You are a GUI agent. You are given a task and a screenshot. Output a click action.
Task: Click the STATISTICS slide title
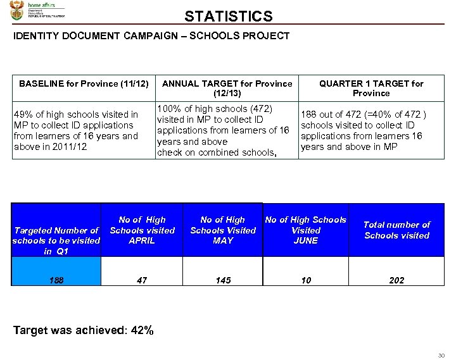pos(229,16)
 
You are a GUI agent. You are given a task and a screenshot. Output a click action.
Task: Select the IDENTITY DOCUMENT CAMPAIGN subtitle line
pos(151,36)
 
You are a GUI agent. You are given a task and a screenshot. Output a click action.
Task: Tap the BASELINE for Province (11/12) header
pos(84,84)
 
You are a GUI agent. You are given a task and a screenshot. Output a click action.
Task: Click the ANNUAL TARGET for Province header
pos(227,88)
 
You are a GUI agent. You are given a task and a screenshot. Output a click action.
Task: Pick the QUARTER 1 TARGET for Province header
pos(371,88)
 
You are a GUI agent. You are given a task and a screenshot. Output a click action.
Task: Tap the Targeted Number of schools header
pos(56,240)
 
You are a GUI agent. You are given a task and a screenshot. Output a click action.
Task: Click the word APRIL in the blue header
pos(142,241)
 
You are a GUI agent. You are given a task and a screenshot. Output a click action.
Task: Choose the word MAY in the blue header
pos(223,241)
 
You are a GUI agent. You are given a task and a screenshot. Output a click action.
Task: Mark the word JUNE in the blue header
pos(306,241)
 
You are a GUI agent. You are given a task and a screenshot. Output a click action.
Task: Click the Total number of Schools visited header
pos(396,230)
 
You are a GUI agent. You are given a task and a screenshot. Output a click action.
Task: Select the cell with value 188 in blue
pos(56,280)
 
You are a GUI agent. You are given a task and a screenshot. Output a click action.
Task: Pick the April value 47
pos(142,280)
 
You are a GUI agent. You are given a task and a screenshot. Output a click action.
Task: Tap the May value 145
pos(223,280)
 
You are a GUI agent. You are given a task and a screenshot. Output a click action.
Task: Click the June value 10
pos(306,280)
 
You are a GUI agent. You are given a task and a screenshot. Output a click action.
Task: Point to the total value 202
pos(396,280)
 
